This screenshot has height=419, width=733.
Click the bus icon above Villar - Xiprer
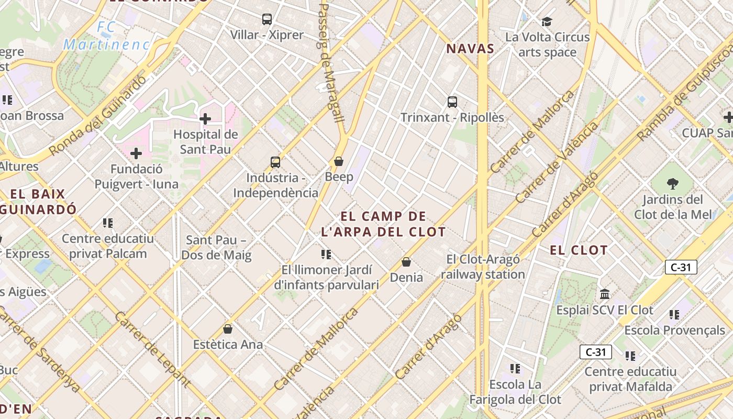(x=267, y=19)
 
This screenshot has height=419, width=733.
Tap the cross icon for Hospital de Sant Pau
(x=205, y=119)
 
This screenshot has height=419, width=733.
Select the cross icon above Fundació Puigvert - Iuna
(x=136, y=153)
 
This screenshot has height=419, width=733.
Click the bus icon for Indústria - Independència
(x=275, y=162)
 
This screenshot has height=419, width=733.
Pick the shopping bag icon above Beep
(x=339, y=161)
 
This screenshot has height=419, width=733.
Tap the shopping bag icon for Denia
(x=406, y=261)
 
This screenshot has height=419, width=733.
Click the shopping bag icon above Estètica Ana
(x=228, y=329)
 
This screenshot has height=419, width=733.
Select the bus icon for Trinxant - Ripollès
(x=452, y=102)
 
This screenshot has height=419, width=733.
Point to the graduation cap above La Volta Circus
(x=547, y=21)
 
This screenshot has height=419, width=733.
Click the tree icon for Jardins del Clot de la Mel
(x=673, y=183)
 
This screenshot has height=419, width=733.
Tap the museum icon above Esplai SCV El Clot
(x=605, y=294)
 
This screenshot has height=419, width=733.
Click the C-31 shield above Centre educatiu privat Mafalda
(x=596, y=352)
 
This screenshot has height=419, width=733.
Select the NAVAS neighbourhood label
(x=470, y=49)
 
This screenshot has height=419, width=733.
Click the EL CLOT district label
(x=579, y=250)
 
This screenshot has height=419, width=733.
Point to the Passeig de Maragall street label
(x=331, y=63)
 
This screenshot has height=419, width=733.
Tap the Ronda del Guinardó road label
(x=98, y=116)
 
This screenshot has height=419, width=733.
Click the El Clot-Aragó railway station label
(x=483, y=267)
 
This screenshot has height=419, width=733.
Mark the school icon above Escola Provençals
(x=674, y=315)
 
